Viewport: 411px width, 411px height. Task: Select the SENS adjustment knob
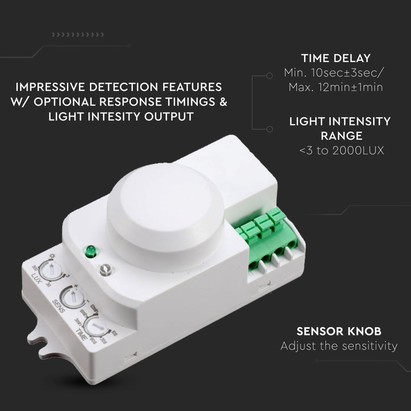(71, 296)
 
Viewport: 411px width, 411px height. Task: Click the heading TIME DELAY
(335, 58)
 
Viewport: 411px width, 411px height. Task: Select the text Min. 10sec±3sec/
(335, 73)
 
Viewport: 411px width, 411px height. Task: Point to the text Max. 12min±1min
(335, 87)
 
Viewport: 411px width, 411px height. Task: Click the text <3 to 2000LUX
(341, 151)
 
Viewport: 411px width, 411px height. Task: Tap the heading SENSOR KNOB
(339, 331)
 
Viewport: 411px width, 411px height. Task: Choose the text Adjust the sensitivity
(339, 346)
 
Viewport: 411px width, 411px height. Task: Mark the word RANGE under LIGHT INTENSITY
(341, 136)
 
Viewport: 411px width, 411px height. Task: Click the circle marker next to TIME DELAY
(270, 76)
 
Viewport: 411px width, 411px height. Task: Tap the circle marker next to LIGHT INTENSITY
(270, 129)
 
